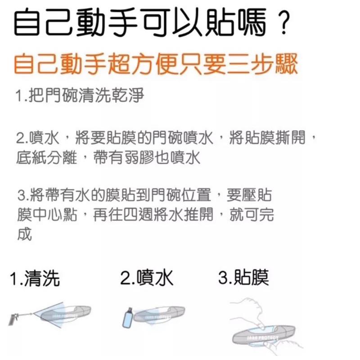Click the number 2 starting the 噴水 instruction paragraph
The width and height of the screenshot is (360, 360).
19,138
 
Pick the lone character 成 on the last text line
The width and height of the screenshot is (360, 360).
24,234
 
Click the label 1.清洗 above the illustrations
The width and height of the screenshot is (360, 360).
36,279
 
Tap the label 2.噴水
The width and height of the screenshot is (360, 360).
147,279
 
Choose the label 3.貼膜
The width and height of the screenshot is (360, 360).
243,278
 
